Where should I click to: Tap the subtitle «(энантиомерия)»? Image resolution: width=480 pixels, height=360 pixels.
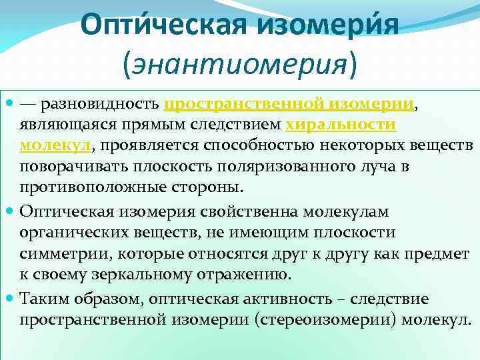239,63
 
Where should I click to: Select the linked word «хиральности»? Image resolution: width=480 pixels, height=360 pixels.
341,125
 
